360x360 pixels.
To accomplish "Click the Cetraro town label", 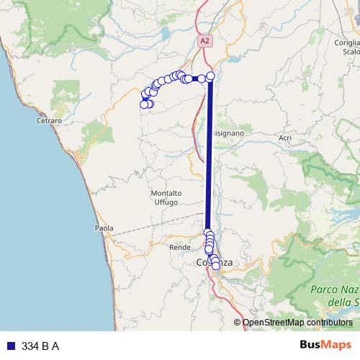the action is [x=49, y=120].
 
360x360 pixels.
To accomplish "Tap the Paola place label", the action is [x=104, y=228].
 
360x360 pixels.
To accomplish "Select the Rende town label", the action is [x=179, y=247].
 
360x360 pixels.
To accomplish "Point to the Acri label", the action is [x=285, y=138].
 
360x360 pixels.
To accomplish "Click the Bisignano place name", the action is [x=229, y=133].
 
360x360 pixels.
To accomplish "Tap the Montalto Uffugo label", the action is [x=166, y=198].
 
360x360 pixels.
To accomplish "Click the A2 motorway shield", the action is [x=205, y=41].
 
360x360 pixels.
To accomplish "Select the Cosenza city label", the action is [x=215, y=263].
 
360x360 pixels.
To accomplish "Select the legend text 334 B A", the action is [x=40, y=346].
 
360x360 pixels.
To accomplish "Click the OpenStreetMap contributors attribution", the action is [x=297, y=323].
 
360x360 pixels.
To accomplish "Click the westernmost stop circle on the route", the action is [x=143, y=104].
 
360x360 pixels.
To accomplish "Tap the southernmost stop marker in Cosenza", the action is [x=215, y=266].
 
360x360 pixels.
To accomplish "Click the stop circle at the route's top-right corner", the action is [x=210, y=76].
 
